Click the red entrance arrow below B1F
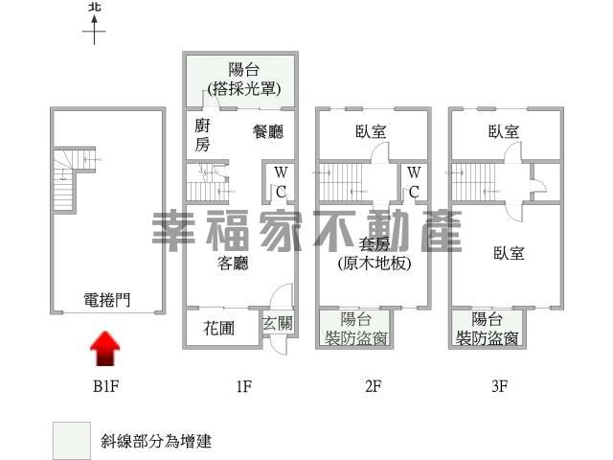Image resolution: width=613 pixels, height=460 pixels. (x=104, y=349)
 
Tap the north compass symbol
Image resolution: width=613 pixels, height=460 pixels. (x=94, y=23)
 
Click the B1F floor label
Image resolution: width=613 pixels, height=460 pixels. (x=105, y=386)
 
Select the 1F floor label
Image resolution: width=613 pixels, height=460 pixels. (x=243, y=386)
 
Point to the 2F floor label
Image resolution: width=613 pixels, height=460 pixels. (x=373, y=386)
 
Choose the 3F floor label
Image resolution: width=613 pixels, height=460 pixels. (x=499, y=386)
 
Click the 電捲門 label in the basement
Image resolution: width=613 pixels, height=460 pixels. (x=106, y=300)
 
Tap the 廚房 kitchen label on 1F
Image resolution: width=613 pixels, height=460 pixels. (x=202, y=135)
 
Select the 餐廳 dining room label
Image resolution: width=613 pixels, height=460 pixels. (x=268, y=131)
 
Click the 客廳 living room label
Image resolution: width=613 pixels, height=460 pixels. (x=233, y=263)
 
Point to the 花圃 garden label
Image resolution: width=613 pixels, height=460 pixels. (x=219, y=328)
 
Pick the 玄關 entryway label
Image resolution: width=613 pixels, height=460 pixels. (x=277, y=323)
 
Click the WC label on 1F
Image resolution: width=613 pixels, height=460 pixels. (x=281, y=182)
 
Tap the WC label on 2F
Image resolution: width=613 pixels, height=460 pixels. (x=414, y=182)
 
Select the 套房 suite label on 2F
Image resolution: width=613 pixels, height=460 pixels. (x=375, y=244)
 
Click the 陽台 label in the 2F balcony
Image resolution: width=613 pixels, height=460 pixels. (x=355, y=319)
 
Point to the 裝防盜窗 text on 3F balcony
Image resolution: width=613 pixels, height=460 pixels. (x=488, y=338)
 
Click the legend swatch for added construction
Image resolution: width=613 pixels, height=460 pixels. (x=72, y=441)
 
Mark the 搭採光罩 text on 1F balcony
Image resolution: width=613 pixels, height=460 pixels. (x=244, y=89)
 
